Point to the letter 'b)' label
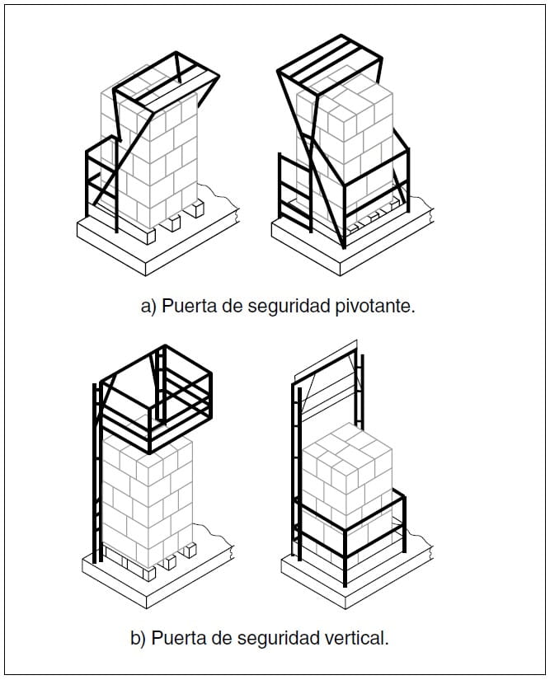tap(138, 638)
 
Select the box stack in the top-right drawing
tap(345, 143)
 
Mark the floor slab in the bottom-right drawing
tap(356, 573)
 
